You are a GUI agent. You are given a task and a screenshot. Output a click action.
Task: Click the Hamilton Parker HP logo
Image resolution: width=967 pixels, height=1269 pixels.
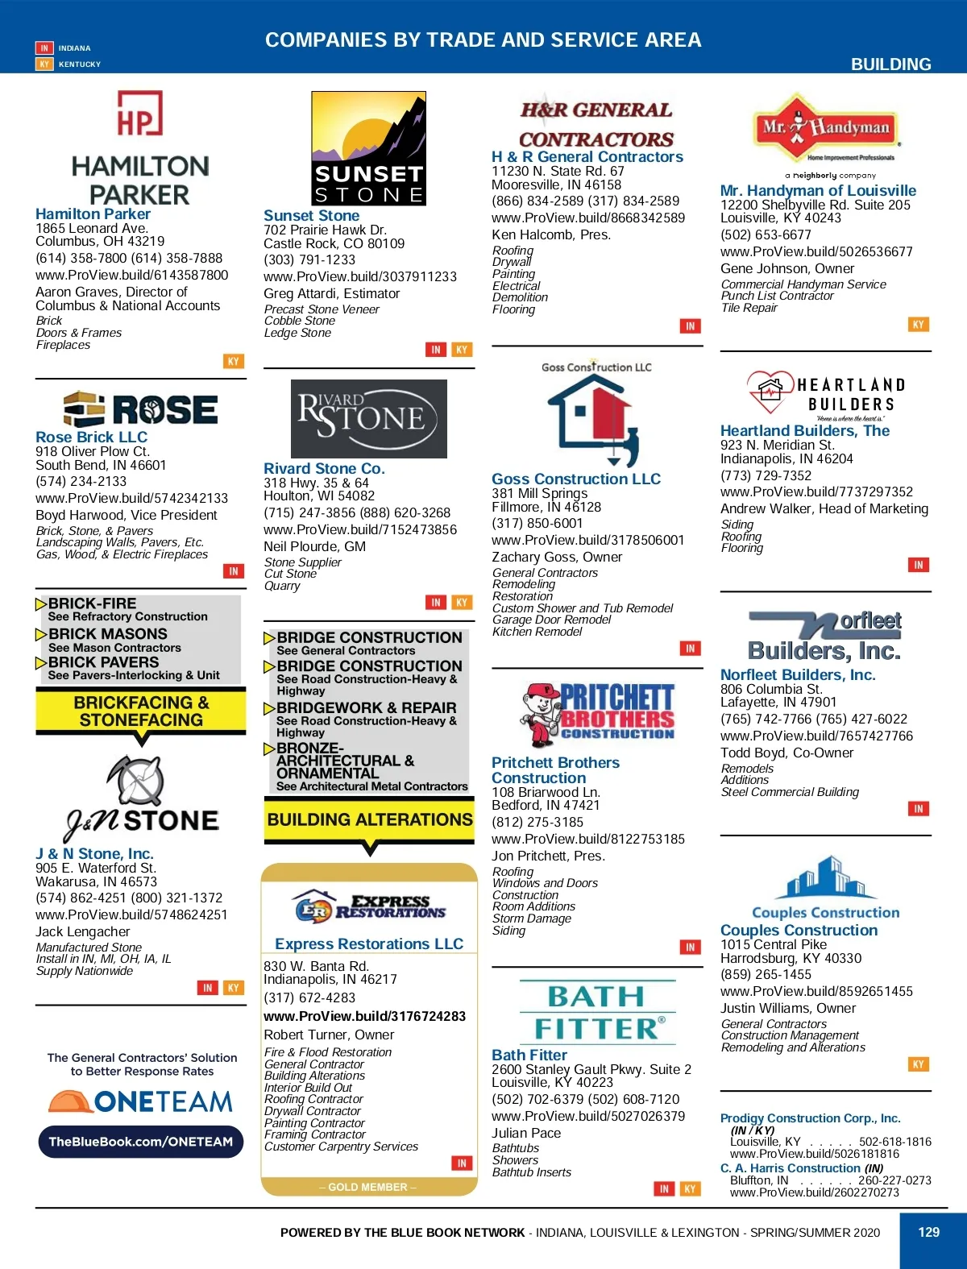[139, 114]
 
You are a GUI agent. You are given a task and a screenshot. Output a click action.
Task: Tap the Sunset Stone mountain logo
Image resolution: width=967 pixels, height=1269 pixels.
[368, 148]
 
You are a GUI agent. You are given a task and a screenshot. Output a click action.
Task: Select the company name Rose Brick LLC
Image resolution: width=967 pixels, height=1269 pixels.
[91, 437]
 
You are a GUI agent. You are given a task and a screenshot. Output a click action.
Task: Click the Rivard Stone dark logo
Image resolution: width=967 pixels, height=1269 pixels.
[368, 418]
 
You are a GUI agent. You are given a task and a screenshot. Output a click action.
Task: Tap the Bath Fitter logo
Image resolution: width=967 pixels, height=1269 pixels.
[597, 1013]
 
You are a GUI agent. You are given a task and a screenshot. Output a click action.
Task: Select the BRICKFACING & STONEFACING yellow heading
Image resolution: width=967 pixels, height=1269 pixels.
[141, 711]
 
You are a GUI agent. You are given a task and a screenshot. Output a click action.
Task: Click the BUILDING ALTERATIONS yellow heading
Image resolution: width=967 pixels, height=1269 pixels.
[369, 819]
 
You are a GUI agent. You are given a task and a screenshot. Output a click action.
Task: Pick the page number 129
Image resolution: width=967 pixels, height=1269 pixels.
[929, 1232]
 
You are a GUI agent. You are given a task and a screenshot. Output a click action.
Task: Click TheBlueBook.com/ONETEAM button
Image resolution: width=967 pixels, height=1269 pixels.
[140, 1142]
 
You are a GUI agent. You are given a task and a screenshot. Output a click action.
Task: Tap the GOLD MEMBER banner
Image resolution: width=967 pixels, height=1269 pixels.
[368, 1187]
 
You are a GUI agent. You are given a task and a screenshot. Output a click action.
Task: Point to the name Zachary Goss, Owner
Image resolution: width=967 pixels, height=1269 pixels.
[557, 557]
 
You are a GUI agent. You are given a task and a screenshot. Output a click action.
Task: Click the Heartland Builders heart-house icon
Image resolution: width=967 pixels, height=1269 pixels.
[770, 392]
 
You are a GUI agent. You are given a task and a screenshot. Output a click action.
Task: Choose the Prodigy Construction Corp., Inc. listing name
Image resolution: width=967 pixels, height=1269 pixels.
[810, 1118]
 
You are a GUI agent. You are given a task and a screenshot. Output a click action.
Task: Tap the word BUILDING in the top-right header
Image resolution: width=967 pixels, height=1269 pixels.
[890, 64]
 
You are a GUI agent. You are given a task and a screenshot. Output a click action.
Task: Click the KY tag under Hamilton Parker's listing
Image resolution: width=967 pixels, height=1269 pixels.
[233, 362]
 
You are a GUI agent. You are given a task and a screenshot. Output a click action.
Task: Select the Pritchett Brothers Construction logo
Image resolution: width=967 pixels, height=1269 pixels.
[597, 711]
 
